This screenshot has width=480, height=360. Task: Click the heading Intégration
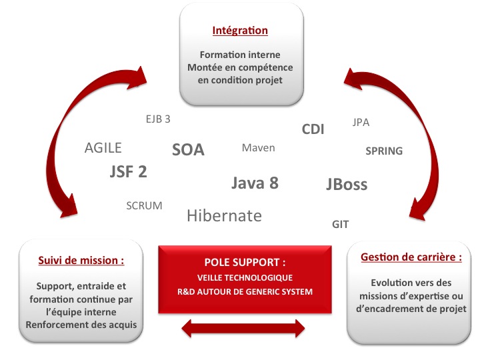point(240,31)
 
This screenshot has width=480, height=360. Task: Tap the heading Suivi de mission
point(81,261)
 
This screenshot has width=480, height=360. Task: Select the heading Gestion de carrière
point(411,257)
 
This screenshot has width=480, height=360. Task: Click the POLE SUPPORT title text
point(245,263)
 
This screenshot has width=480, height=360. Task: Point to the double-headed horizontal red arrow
point(243,329)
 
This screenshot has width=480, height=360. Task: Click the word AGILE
point(103,148)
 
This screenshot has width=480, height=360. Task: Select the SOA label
point(188,150)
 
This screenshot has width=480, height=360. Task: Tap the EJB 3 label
point(158,119)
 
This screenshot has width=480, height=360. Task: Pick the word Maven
point(259,148)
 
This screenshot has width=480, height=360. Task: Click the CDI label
point(313,129)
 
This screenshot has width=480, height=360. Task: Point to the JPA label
point(361,123)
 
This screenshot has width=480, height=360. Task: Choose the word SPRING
point(384,151)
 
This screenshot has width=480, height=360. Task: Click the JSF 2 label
point(128,171)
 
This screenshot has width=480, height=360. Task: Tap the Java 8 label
point(255,183)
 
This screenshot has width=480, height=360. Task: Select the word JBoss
point(347,184)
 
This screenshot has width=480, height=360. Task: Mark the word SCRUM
point(144,206)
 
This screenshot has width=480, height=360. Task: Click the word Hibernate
point(225,215)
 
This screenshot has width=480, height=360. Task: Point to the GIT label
point(341,225)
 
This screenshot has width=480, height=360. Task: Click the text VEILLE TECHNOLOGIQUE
point(245,277)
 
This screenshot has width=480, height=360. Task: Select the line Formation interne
point(240,55)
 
